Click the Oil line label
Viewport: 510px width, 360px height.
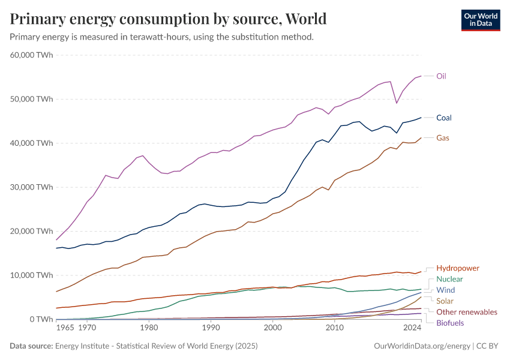click(x=441, y=76)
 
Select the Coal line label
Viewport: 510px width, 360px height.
click(x=443, y=118)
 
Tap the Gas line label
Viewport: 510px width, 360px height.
click(x=443, y=138)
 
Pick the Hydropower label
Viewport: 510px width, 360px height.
click(x=458, y=268)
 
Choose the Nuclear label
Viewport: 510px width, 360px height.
click(x=449, y=279)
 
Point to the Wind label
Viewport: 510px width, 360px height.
click(x=445, y=290)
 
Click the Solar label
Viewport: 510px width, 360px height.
click(x=445, y=301)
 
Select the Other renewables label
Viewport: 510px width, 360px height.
click(x=467, y=312)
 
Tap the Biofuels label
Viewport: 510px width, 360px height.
click(x=450, y=323)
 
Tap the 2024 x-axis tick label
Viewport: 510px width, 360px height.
click(x=412, y=328)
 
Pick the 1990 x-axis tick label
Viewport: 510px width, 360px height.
click(x=210, y=328)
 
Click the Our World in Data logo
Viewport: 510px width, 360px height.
click(x=480, y=20)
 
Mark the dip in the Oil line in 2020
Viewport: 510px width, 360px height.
click(x=397, y=103)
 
